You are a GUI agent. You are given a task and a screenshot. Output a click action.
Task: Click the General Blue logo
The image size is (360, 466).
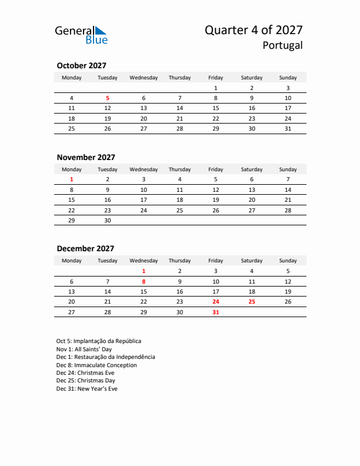click(81, 35)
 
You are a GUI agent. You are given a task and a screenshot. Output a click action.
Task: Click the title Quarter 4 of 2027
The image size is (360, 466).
click(254, 30)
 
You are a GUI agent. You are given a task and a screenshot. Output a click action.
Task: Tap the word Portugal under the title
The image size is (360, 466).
click(283, 45)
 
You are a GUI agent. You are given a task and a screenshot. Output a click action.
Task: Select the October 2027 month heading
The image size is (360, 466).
click(81, 66)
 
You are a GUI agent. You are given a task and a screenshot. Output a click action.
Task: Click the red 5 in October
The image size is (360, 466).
click(108, 98)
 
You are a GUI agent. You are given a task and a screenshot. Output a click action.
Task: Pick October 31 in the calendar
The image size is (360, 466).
click(288, 128)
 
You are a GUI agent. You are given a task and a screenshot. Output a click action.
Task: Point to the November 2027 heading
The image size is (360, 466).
click(86, 157)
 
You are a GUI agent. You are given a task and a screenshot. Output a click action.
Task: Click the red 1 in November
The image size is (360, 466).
click(72, 179)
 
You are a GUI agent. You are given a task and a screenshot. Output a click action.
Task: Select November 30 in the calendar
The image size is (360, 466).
click(108, 220)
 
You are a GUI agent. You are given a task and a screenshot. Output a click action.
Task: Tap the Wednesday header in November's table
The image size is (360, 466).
click(144, 169)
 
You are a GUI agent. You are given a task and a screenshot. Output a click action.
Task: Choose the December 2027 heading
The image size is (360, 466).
click(85, 249)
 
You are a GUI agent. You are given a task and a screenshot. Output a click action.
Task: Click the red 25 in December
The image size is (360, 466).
click(252, 302)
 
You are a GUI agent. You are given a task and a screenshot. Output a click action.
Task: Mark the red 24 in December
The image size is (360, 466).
click(216, 302)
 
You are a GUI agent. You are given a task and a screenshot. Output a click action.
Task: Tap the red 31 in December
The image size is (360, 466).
click(216, 312)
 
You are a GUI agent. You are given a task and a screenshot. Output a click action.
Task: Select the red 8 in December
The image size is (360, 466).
click(144, 282)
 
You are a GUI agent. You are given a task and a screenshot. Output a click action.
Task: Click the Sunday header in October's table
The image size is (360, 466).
click(288, 78)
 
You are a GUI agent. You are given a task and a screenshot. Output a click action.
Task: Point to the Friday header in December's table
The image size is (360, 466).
click(216, 261)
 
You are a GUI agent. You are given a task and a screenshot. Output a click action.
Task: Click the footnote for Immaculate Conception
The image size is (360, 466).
click(96, 365)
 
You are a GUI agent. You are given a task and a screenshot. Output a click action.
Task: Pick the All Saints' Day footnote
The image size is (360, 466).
click(84, 349)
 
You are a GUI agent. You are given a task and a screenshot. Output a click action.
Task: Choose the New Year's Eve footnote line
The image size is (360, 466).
click(87, 388)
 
